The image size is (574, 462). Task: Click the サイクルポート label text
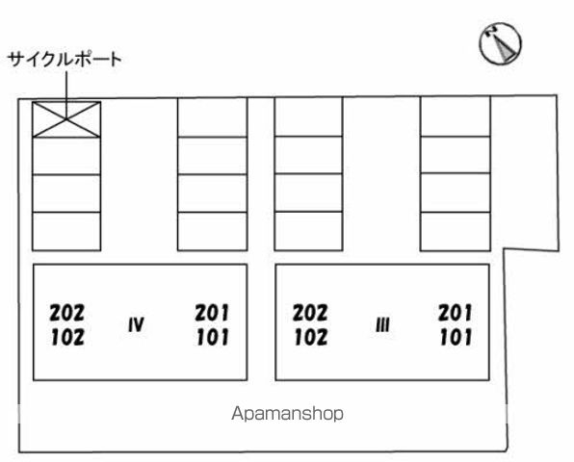(65, 60)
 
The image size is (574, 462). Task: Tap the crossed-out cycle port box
(66, 119)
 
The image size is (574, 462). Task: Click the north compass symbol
(500, 43)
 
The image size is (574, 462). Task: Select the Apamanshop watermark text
(287, 414)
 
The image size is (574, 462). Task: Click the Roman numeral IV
(136, 324)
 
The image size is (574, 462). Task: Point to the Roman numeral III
(382, 324)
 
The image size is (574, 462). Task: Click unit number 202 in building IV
(67, 313)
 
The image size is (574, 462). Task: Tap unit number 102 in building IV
(67, 337)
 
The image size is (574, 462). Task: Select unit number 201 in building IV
(212, 313)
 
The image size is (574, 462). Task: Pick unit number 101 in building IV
(213, 337)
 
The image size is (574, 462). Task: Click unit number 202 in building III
(310, 313)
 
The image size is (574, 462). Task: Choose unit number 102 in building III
(311, 337)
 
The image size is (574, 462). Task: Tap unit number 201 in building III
(455, 313)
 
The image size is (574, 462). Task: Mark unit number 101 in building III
(456, 337)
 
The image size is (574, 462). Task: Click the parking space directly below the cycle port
(66, 156)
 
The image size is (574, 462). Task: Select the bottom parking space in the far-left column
(66, 231)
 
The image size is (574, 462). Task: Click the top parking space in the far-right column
(456, 116)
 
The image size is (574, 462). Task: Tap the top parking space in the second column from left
(212, 117)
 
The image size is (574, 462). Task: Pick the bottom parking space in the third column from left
(308, 231)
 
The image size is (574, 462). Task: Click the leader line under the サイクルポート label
(66, 95)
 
